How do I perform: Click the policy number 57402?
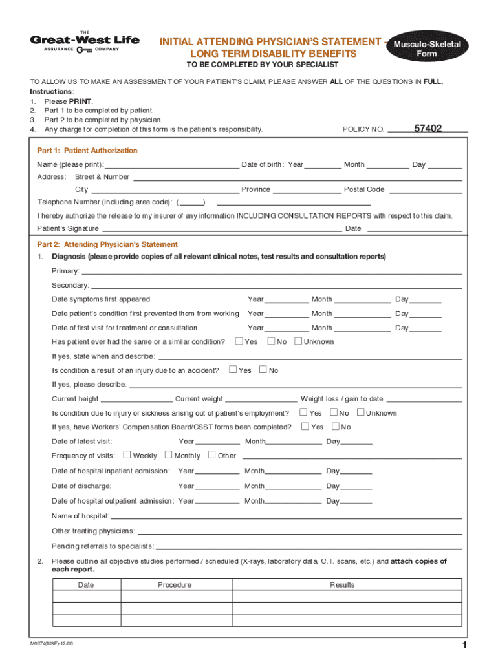(x=428, y=129)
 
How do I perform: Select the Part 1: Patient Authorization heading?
(x=87, y=151)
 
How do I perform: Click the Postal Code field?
(x=425, y=190)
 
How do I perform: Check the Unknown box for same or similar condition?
(x=298, y=341)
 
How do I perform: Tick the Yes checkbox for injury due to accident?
(x=233, y=370)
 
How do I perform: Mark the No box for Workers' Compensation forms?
(x=336, y=427)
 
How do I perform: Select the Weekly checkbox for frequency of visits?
(x=127, y=455)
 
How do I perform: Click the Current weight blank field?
(x=261, y=400)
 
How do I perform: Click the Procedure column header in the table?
(x=175, y=585)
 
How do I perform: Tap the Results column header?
(x=342, y=585)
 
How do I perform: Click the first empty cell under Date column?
(x=86, y=597)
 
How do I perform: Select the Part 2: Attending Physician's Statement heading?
(x=107, y=245)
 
